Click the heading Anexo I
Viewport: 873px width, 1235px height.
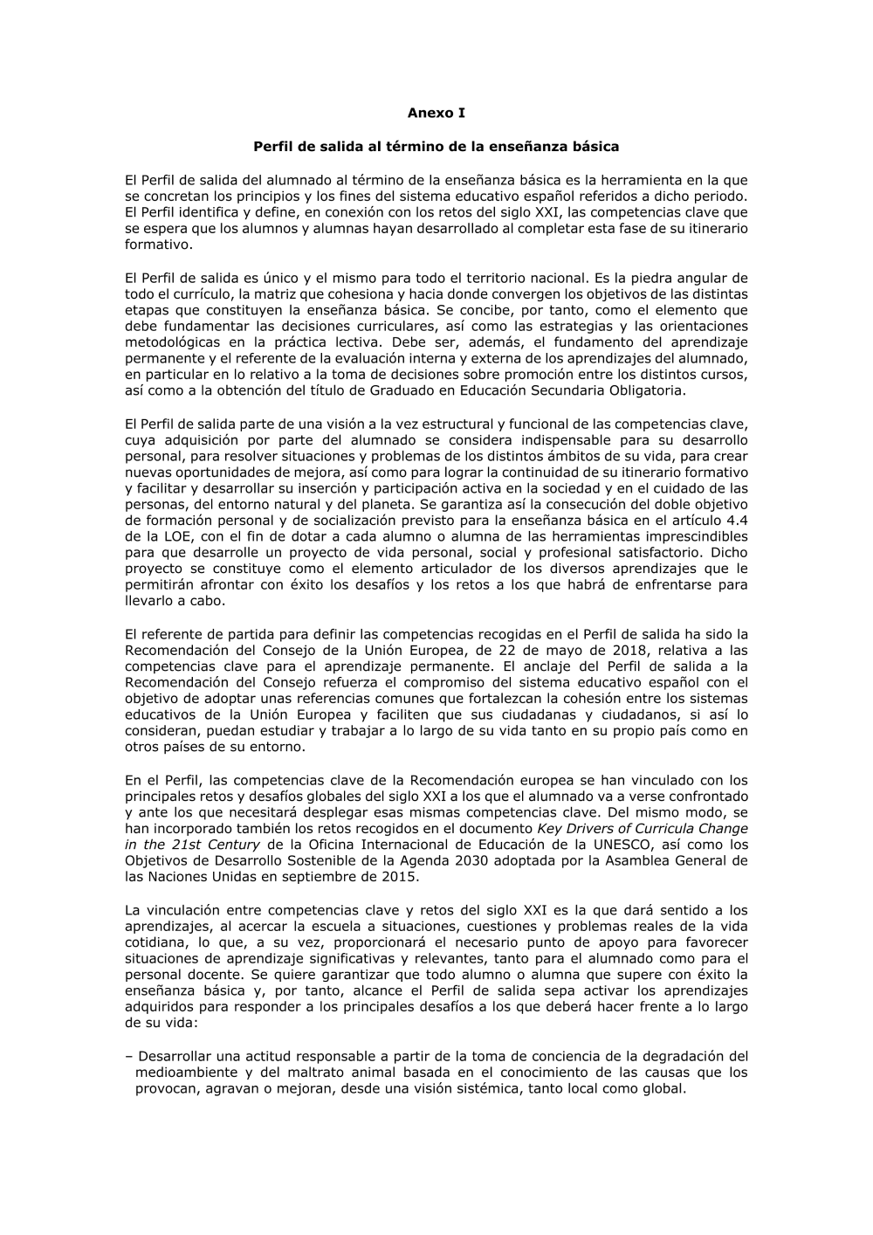click(436, 113)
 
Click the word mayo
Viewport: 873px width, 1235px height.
click(542, 650)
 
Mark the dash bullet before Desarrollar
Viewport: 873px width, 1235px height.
click(128, 1056)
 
